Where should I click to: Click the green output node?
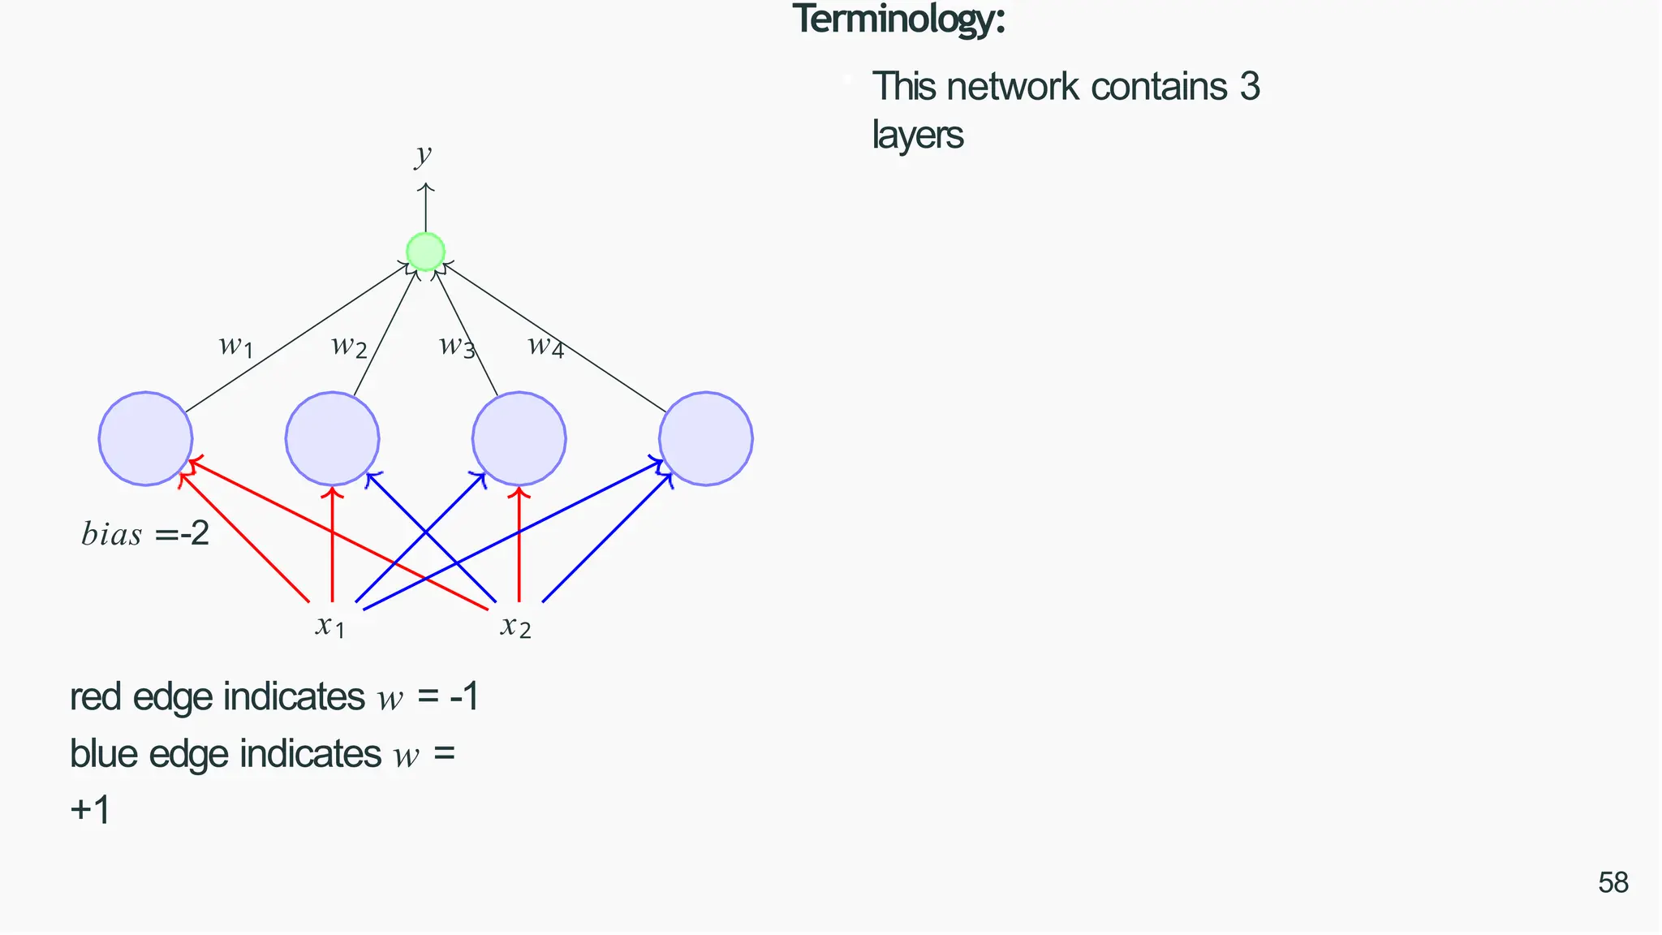point(425,252)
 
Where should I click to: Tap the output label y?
point(423,153)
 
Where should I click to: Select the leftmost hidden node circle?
point(145,439)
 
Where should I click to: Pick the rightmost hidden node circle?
point(706,439)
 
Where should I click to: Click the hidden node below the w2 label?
point(332,439)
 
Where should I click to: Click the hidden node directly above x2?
point(519,439)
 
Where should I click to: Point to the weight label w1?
point(236,347)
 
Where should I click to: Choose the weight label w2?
point(349,347)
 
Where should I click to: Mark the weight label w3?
point(457,347)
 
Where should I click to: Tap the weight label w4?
point(545,347)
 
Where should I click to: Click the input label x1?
point(330,626)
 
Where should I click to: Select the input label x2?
point(516,626)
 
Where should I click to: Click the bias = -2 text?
point(145,534)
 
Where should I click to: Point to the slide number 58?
point(1613,882)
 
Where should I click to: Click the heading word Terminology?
point(898,19)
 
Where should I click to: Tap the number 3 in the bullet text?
point(1250,87)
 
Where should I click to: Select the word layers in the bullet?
point(918,136)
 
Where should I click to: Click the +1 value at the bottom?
point(90,810)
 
